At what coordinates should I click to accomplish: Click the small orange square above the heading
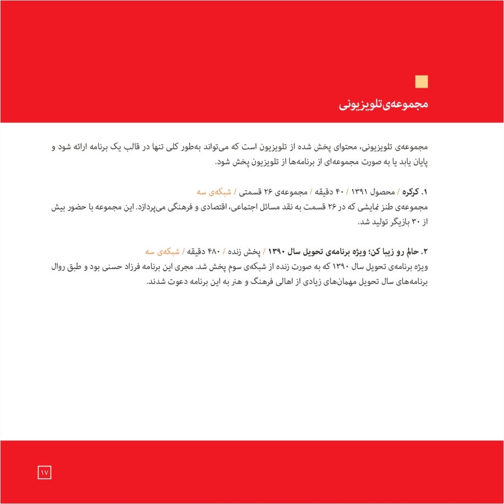coord(422,81)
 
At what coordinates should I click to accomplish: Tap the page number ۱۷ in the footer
coord(45,472)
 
